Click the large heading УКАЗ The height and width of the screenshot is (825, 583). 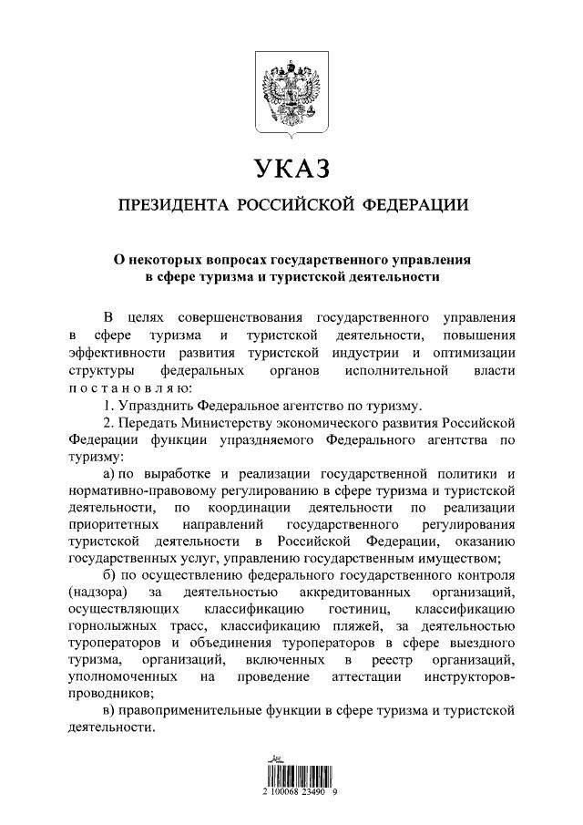(x=291, y=169)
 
